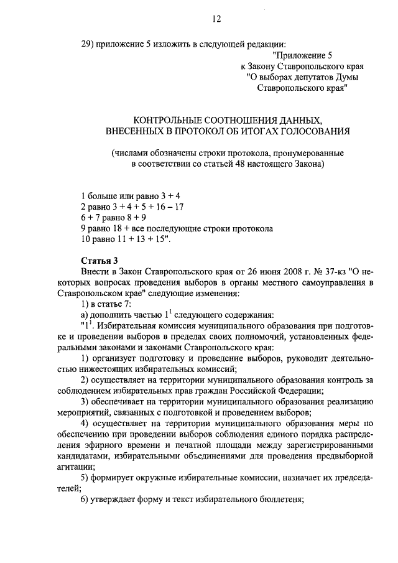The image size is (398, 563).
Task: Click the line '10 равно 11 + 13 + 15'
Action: click(x=125, y=239)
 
